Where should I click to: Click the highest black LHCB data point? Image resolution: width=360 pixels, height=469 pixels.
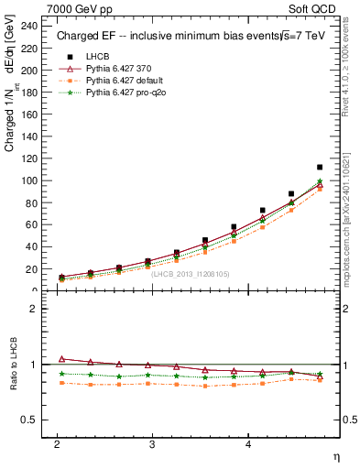(319, 168)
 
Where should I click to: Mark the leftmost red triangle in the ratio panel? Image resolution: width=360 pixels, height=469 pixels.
(61, 359)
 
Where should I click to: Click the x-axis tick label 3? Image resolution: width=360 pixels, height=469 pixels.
(153, 443)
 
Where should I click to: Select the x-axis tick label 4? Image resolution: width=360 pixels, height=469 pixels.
(248, 443)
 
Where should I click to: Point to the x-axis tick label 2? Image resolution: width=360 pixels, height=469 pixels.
(57, 443)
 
